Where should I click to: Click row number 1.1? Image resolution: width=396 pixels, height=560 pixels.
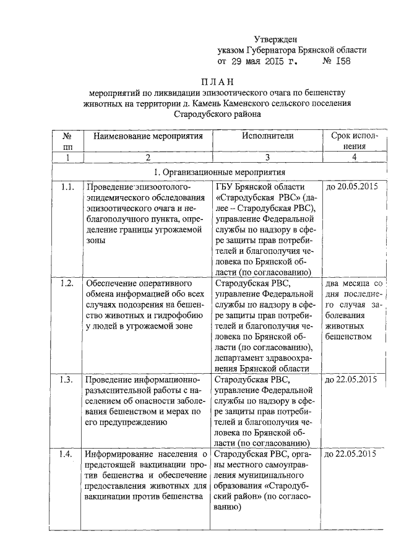click(67, 186)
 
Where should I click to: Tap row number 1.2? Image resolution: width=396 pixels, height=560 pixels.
click(67, 283)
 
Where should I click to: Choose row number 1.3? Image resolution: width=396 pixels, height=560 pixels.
click(67, 379)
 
